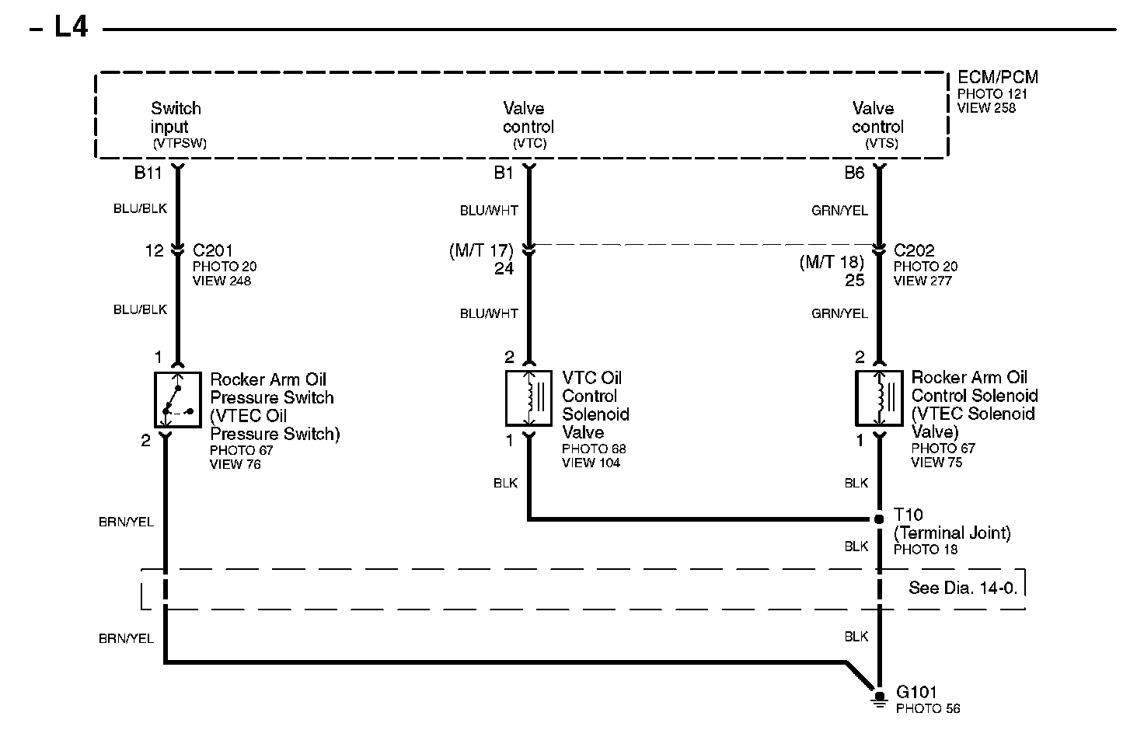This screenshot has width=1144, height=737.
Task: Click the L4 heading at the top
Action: pos(71,28)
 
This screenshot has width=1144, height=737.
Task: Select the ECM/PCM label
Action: pos(997,77)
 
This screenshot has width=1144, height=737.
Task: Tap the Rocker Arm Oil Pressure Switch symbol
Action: pos(178,399)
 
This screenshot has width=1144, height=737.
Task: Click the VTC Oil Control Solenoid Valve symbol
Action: pos(529,398)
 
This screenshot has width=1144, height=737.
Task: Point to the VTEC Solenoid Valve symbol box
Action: pos(879,398)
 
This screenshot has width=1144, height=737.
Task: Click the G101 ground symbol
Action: pos(879,699)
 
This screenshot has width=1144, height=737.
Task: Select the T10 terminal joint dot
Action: pos(879,519)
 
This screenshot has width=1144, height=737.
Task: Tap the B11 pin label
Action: pos(148,173)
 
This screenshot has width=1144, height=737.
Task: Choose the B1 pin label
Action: pos(504,173)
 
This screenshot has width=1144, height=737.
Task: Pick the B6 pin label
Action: pos(854,173)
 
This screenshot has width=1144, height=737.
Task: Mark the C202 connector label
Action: pos(914,250)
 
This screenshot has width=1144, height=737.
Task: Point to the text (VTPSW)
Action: pos(180,143)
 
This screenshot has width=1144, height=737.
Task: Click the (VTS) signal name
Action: pos(881,143)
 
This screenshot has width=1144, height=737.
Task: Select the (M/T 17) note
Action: pos(482,250)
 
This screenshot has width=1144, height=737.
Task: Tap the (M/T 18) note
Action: pos(832,262)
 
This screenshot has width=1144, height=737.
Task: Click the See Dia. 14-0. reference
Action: pos(963,588)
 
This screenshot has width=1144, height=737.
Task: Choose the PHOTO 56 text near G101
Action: pos(928,708)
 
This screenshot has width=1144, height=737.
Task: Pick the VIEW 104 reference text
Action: pos(591,463)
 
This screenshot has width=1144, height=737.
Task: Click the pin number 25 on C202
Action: pos(854,280)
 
